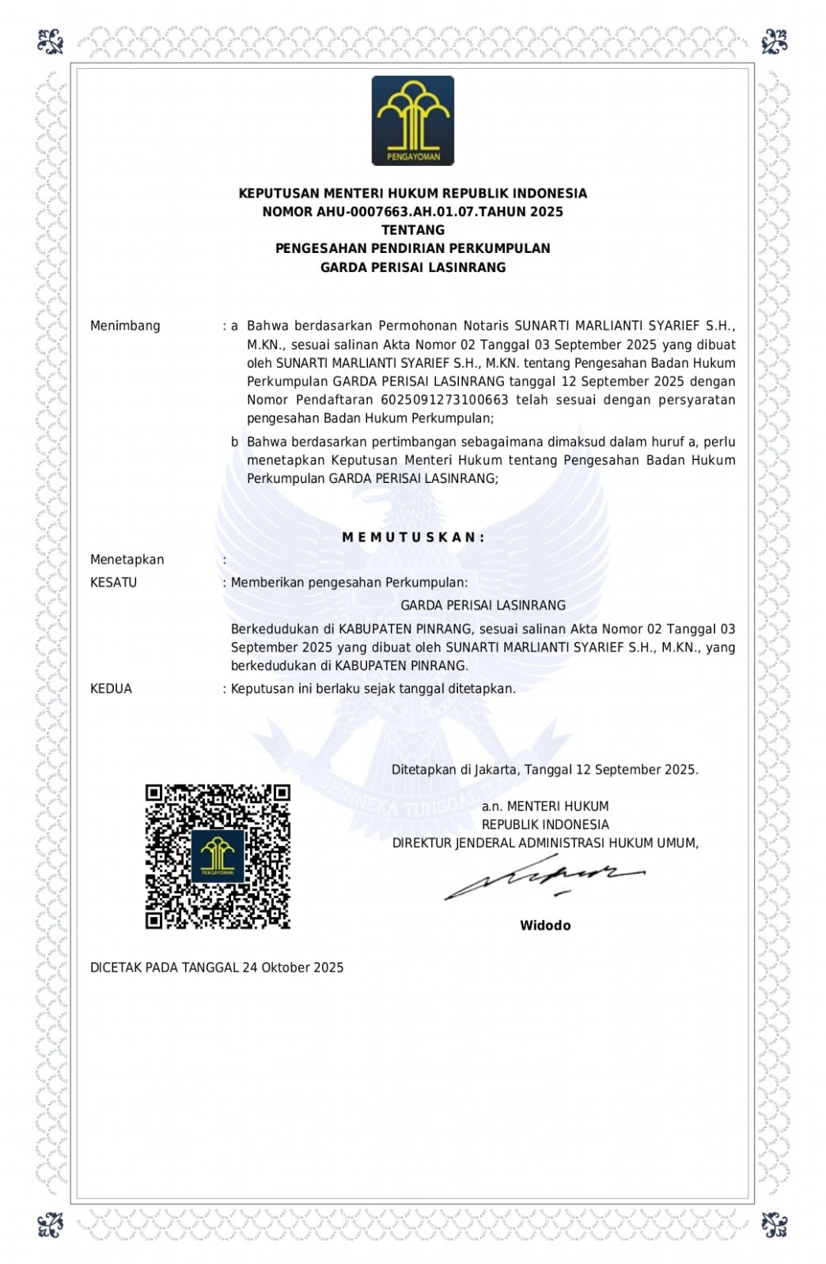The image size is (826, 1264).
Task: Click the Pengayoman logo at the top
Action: point(413,120)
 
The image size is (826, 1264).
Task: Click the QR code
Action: point(218,856)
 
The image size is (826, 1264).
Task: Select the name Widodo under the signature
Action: point(545,926)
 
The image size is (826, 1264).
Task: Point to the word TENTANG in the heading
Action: point(413,230)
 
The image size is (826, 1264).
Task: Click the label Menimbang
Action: point(125,326)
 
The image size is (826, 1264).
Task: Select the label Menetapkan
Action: point(127,560)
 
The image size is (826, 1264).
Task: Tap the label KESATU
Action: point(114,583)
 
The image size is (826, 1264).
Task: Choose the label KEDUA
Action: point(112,689)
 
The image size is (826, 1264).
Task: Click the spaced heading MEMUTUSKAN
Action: point(413,538)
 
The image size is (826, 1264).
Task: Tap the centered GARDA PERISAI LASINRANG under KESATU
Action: point(483,606)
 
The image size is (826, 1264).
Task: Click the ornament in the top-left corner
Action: point(51,41)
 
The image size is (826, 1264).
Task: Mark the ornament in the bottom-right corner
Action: point(774,1224)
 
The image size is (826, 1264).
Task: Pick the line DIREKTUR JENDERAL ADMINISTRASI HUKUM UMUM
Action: point(545,843)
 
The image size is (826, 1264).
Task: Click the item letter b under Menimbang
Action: point(235,442)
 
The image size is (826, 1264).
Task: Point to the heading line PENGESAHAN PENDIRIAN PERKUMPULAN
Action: point(413,248)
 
